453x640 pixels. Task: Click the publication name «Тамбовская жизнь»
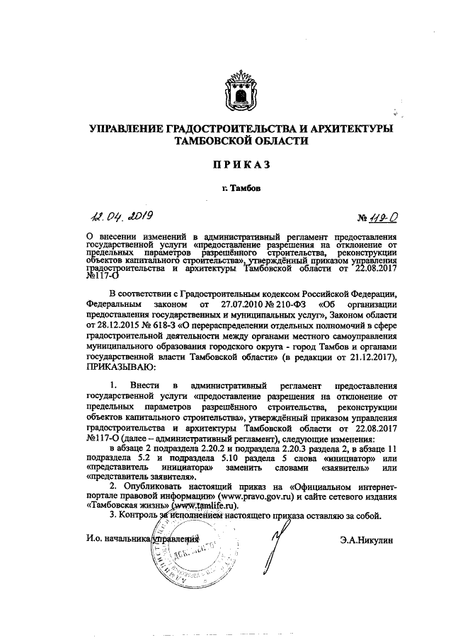click(x=127, y=506)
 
